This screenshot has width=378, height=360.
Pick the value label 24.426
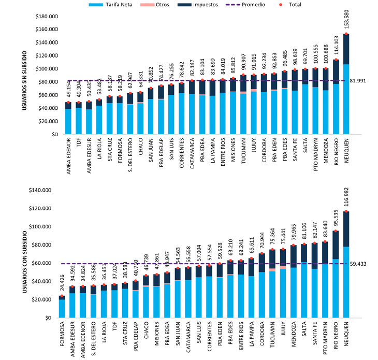(63, 286)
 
